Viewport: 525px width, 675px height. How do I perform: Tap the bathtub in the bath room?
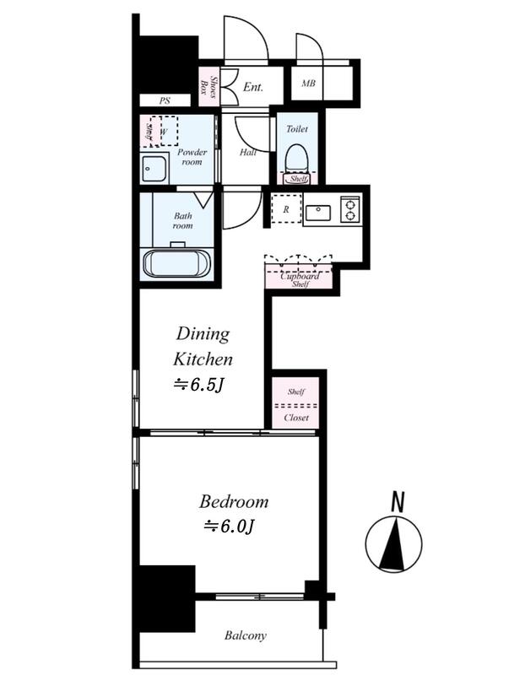pos(176,263)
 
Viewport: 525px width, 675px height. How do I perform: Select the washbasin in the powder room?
pos(154,168)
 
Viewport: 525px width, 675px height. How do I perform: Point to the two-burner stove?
pos(349,209)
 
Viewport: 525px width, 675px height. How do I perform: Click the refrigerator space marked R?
pos(286,208)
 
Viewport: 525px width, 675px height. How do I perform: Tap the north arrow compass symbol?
pos(393,544)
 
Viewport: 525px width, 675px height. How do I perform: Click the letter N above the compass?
pos(398,501)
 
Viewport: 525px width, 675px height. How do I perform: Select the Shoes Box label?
pos(208,88)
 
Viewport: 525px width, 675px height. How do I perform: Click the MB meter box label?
pos(308,83)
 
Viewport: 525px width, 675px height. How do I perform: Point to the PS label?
pos(165,100)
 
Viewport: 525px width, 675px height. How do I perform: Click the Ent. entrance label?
pos(253,87)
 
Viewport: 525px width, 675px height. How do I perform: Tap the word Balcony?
pos(245,635)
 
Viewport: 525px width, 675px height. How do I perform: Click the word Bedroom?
pos(234,501)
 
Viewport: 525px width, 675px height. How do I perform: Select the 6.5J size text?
pos(198,385)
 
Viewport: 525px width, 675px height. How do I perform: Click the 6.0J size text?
pos(229,526)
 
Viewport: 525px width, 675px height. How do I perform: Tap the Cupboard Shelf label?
pos(300,279)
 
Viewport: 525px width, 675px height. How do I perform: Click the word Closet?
pos(296,418)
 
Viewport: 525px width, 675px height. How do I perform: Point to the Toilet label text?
pos(297,129)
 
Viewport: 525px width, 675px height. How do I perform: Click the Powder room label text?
pos(192,157)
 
